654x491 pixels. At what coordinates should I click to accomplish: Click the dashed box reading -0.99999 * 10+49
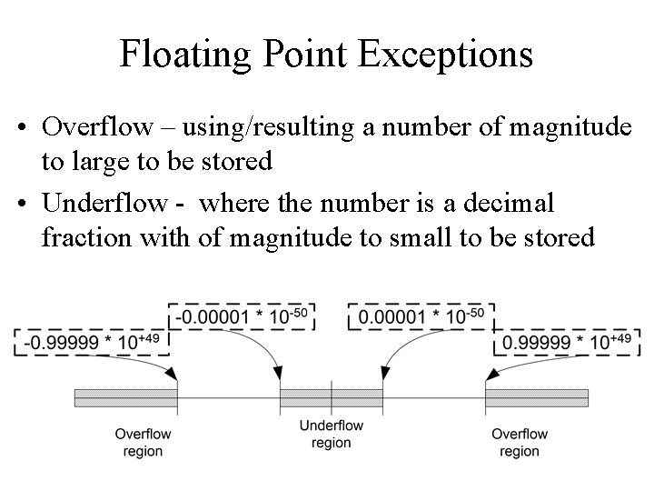90,342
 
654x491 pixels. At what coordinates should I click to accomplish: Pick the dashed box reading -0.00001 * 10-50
242,316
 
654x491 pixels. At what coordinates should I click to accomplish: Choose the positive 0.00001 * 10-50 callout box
421,316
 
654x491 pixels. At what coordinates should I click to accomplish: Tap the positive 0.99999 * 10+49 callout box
566,342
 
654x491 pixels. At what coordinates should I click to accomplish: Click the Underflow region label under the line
331,434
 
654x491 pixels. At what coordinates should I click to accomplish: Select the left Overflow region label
142,442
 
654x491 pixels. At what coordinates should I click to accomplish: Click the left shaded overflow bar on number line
125,398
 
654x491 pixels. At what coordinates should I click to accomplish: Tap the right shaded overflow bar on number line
537,398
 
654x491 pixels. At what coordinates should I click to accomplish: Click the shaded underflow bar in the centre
331,398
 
